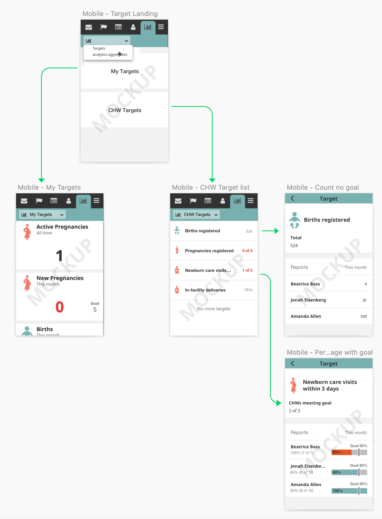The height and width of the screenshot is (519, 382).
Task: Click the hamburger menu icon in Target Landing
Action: [x=161, y=27]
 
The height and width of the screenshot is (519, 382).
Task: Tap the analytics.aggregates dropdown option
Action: [x=109, y=55]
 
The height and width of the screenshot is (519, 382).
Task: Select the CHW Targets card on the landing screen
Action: [x=125, y=110]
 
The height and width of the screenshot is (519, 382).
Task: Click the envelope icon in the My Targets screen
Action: [x=24, y=201]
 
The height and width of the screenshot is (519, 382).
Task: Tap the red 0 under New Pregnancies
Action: [x=60, y=307]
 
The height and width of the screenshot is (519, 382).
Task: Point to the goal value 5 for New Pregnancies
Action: [x=95, y=310]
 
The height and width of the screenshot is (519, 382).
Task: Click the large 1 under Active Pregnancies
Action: [x=59, y=256]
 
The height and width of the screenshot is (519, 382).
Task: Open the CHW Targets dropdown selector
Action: [x=197, y=214]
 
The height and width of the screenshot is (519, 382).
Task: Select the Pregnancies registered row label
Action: [x=209, y=251]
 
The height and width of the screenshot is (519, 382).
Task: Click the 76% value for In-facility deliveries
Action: [x=248, y=290]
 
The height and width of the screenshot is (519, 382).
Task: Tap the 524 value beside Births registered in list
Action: [x=249, y=231]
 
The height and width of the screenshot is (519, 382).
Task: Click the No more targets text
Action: [x=214, y=309]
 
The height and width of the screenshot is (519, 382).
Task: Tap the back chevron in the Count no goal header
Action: [x=292, y=198]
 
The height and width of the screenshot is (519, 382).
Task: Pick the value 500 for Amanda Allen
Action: [x=364, y=317]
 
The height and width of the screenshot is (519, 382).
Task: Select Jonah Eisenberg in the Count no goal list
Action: [x=308, y=300]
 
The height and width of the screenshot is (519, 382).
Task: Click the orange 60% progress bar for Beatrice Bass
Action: [x=342, y=452]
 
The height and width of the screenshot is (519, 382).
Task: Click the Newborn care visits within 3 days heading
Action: [x=330, y=385]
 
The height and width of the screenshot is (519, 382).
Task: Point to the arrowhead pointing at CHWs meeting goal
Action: [x=279, y=403]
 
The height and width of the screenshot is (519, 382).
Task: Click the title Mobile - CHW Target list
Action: [x=211, y=187]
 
